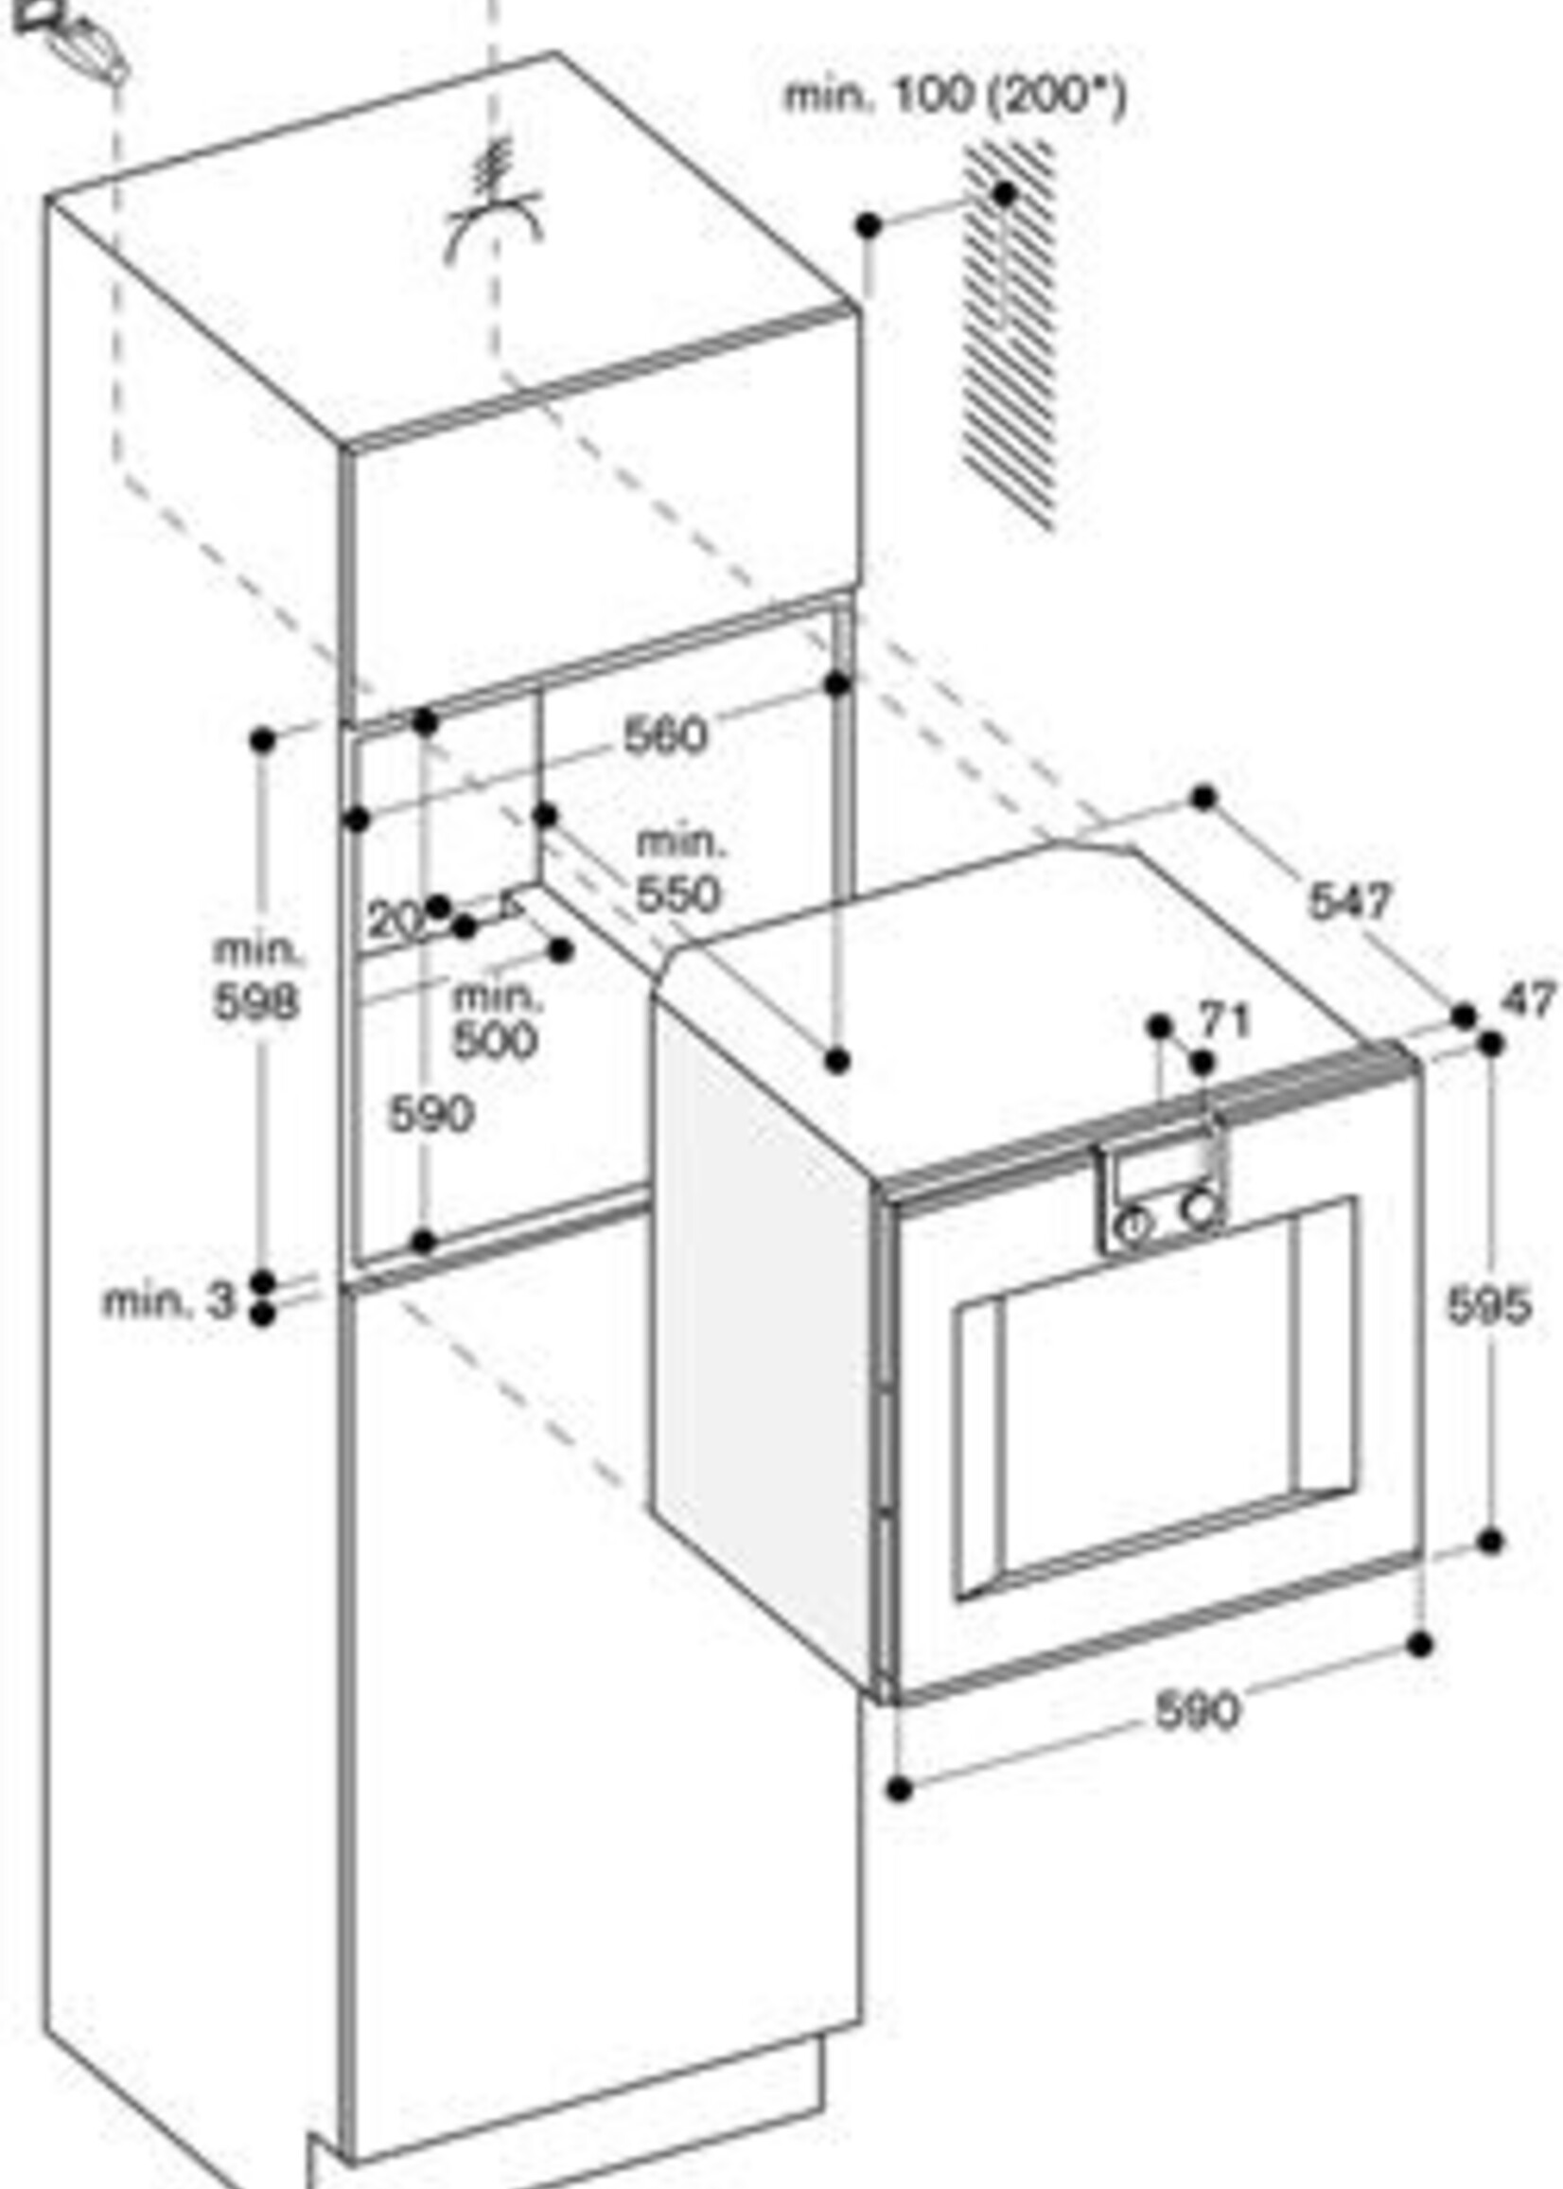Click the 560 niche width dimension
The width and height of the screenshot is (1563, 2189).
[665, 735]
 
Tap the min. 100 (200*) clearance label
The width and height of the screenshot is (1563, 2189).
[954, 97]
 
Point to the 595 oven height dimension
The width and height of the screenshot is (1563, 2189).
[1488, 1306]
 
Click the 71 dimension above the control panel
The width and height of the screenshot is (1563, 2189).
[1224, 1019]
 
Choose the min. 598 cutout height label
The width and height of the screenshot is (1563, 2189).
[256, 977]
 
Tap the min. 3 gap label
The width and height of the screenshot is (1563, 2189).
[168, 1301]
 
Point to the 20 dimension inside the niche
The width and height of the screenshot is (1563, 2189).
[394, 921]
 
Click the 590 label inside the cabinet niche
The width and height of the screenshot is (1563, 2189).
[431, 1115]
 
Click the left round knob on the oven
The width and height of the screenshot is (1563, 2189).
[1133, 1225]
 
